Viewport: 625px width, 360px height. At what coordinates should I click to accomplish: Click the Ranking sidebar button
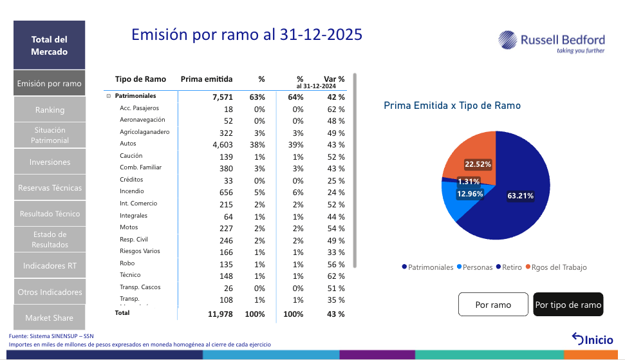coord(50,110)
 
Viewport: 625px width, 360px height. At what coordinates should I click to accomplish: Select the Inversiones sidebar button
coord(50,162)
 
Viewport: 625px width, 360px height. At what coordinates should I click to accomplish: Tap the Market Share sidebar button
coord(50,317)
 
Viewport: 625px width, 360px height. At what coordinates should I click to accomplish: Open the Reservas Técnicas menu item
coord(50,188)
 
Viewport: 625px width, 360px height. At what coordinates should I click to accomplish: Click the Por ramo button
coord(493,305)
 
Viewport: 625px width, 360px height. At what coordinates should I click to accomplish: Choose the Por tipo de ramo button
coord(568,305)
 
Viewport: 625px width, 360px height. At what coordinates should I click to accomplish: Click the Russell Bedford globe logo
coord(508,40)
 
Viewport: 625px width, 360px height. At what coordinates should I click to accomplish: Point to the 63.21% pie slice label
coord(520,196)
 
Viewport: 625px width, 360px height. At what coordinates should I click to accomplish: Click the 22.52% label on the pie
coord(478,164)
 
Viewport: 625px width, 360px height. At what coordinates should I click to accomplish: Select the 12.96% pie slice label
coord(470,193)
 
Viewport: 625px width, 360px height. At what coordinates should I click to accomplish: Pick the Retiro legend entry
coord(511,267)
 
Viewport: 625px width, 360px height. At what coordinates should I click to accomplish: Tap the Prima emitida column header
coord(207,79)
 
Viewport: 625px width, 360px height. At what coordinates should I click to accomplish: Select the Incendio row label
coord(132,191)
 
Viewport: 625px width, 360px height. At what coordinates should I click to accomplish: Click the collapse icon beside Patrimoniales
coord(109,96)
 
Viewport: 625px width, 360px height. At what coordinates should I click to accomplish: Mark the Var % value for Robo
coord(337,263)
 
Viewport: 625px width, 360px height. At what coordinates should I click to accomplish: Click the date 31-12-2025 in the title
coord(321,34)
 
